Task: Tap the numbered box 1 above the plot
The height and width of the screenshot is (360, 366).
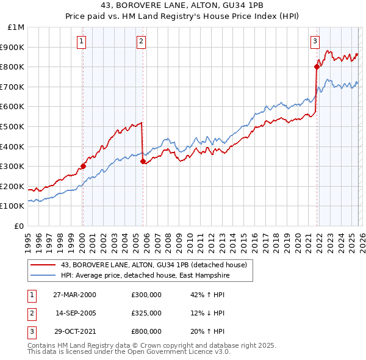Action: pos(82,41)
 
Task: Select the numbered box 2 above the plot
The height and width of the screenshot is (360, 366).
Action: pos(141,41)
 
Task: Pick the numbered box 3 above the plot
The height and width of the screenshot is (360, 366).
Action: pos(315,41)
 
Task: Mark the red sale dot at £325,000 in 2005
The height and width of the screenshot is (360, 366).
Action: pos(143,161)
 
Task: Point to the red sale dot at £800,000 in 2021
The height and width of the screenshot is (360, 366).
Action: pos(317,67)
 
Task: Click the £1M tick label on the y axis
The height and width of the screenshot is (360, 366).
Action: pos(16,27)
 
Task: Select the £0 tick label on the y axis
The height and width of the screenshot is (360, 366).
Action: pos(20,226)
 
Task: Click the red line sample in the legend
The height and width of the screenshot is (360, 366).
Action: pos(43,265)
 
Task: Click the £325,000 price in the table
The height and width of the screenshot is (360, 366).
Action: pos(146,313)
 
